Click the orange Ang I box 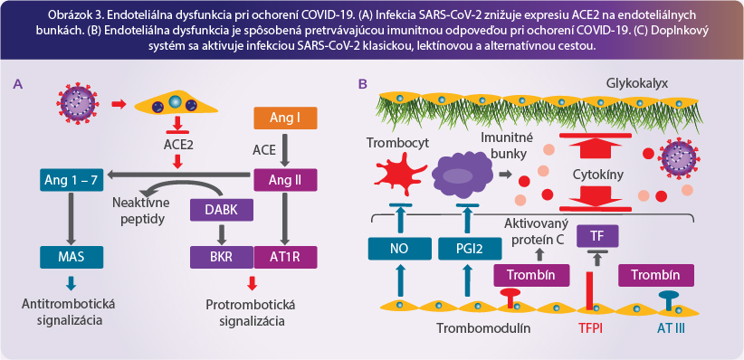pos(285,118)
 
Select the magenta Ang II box pos(285,180)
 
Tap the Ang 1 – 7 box pos(72,180)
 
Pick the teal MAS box pos(72,257)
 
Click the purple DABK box pos(221,209)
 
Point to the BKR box pos(222,257)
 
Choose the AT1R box pos(285,257)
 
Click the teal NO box pos(399,249)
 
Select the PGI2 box pos(470,249)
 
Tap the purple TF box pos(596,236)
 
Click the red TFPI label pos(591,327)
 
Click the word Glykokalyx pos(637,84)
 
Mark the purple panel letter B pos(363,84)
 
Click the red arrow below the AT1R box pos(253,283)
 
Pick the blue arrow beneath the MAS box pos(72,283)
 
